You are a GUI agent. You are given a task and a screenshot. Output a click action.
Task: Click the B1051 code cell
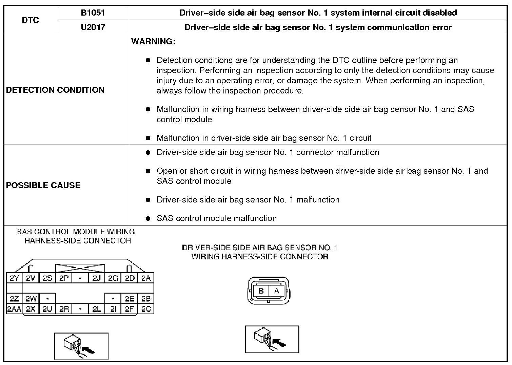[x=93, y=13]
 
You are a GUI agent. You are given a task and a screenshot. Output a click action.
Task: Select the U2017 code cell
[x=93, y=27]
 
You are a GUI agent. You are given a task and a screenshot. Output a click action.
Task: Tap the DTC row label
[x=30, y=20]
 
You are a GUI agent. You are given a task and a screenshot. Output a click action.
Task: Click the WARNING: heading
[x=153, y=42]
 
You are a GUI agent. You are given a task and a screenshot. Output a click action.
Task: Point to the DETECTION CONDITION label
[x=55, y=90]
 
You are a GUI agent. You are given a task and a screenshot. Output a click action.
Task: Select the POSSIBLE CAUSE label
[x=43, y=185]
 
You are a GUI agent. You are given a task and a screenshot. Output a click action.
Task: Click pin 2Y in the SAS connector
[x=14, y=278]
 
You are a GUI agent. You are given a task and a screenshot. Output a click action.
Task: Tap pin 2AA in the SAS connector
[x=14, y=309]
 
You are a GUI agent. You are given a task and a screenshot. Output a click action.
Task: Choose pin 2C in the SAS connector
[x=146, y=309]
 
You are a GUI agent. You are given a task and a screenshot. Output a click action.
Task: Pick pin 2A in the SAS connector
[x=146, y=278]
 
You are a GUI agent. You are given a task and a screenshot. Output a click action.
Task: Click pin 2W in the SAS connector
[x=31, y=299]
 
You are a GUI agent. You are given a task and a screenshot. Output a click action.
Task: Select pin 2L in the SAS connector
[x=97, y=309]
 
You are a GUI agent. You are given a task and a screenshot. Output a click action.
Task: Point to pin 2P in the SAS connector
[x=64, y=278]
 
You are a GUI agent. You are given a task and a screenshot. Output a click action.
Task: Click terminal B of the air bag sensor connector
[x=261, y=291]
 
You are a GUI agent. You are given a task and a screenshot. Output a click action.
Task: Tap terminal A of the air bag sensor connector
[x=277, y=291]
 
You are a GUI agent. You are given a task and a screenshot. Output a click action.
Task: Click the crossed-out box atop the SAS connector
[x=80, y=268]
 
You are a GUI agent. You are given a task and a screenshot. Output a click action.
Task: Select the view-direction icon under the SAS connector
[x=81, y=346]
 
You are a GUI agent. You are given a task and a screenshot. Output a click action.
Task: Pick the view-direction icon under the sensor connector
[x=272, y=339]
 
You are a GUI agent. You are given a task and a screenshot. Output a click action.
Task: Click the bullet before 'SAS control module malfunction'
[x=148, y=218]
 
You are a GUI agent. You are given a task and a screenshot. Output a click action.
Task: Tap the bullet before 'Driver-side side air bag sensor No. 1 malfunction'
[x=148, y=200]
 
